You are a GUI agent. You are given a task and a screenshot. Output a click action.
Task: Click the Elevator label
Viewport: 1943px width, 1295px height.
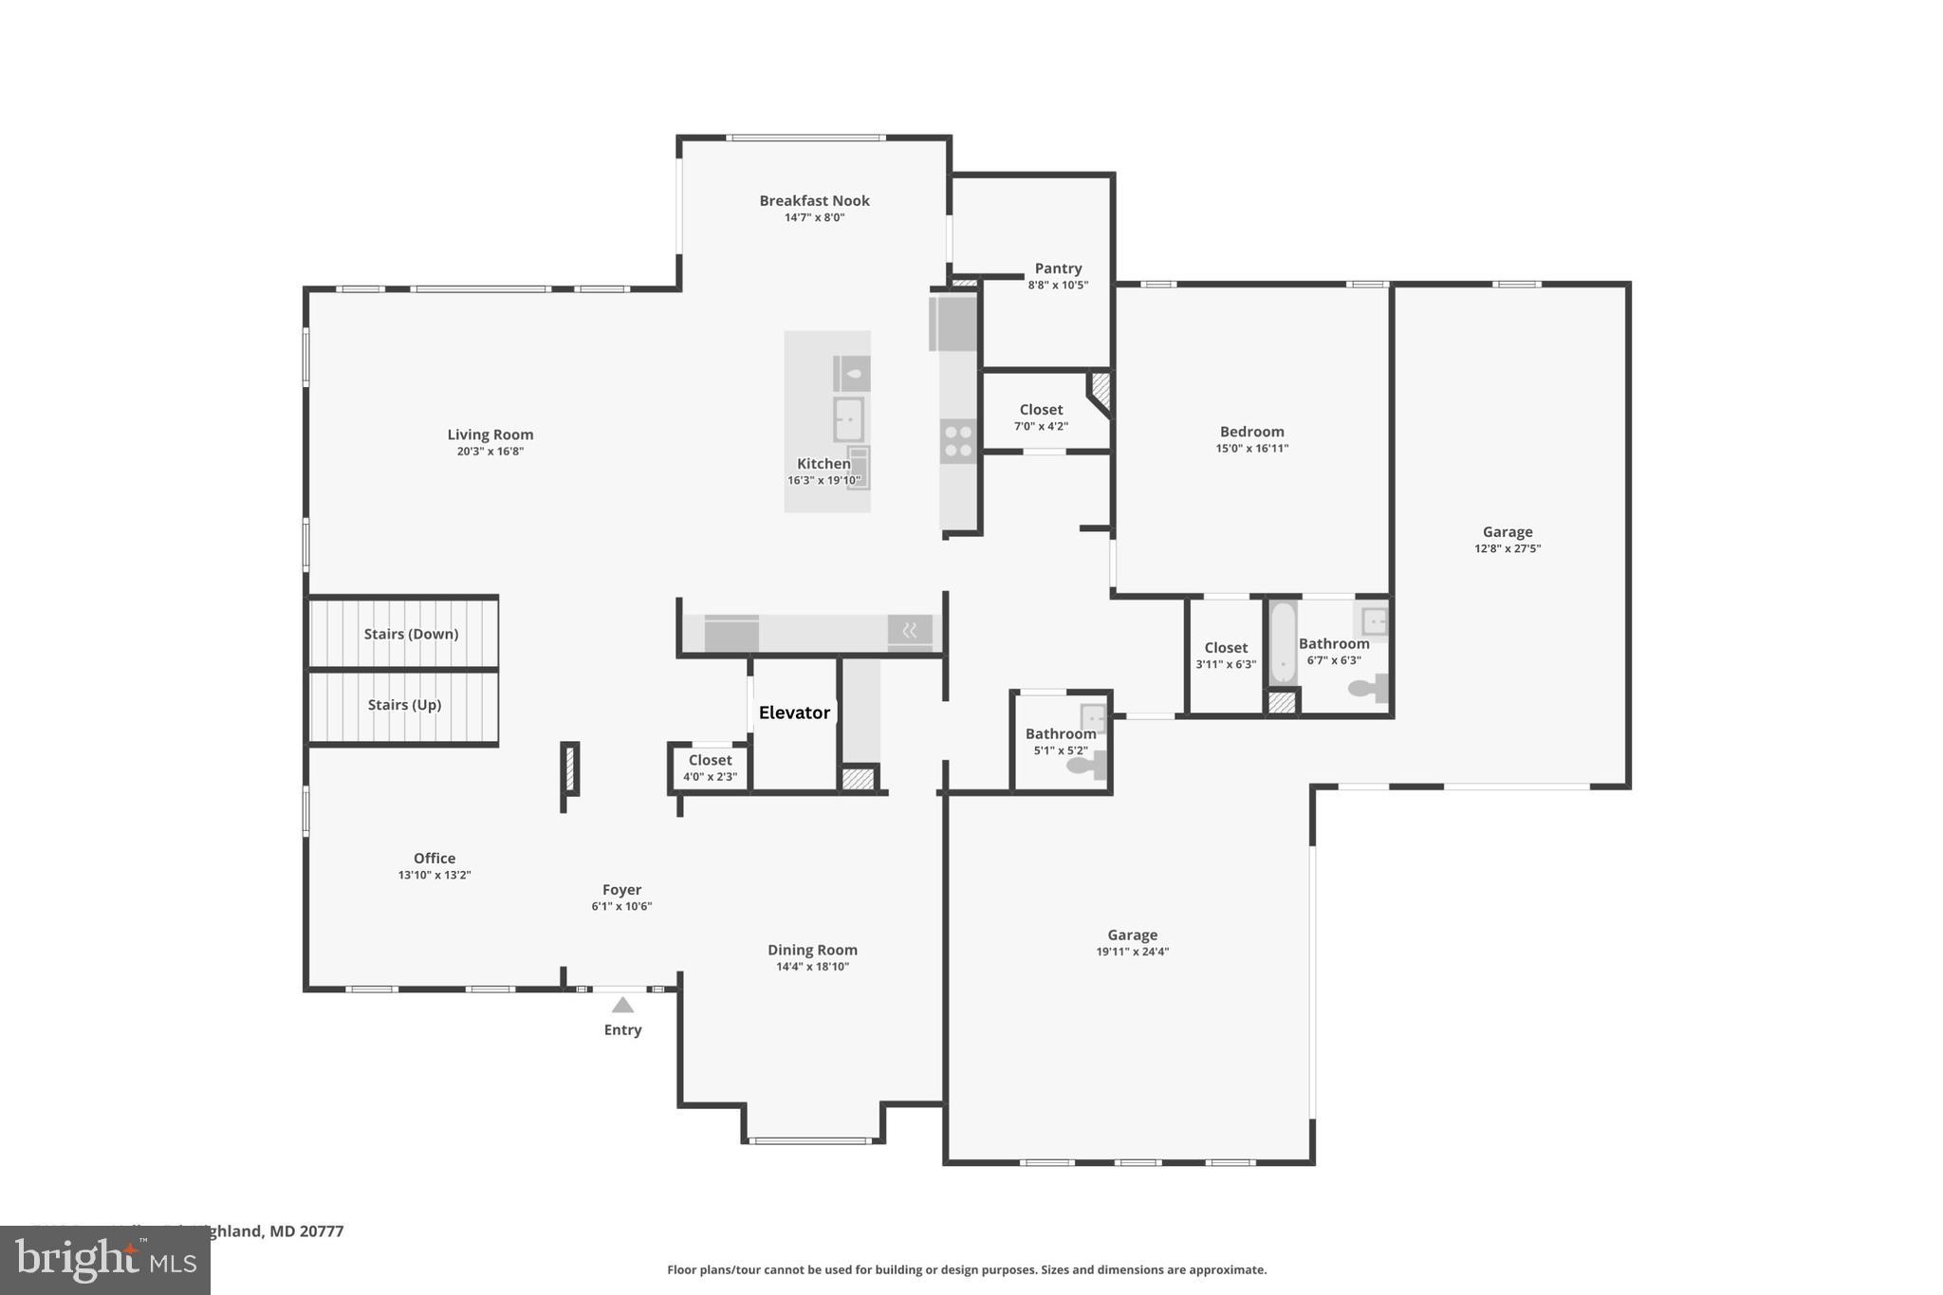coord(794,712)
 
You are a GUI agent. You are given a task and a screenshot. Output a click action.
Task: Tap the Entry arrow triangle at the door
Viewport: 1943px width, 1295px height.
coord(622,1005)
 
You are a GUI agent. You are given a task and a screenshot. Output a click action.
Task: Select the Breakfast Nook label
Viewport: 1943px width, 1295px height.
coord(814,200)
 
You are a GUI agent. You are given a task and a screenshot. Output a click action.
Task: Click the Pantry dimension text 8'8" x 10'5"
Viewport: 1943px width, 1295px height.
coord(1058,285)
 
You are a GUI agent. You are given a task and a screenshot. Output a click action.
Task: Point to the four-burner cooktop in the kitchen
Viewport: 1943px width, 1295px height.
coord(958,441)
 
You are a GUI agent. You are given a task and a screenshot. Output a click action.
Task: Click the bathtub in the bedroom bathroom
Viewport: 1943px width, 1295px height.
coord(1283,642)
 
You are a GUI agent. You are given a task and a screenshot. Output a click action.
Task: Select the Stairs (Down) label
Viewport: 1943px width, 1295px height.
coord(411,634)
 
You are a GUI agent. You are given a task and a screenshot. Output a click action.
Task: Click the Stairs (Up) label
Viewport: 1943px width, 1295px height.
coord(404,705)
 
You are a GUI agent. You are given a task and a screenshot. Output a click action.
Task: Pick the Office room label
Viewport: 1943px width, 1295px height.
coord(435,859)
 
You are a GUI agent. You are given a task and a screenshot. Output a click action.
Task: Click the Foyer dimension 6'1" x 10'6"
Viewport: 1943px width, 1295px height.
coord(621,906)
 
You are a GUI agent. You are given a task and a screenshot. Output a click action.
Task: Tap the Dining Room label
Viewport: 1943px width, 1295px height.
coord(812,950)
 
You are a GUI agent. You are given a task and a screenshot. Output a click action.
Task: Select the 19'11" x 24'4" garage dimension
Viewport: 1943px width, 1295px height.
coord(1132,952)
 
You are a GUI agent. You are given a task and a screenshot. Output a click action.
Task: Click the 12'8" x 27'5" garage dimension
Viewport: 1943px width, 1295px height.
coord(1507,548)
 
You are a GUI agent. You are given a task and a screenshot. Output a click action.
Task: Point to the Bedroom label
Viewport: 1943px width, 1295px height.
coord(1251,432)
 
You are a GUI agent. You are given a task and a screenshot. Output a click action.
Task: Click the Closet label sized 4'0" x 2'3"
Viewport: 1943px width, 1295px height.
coord(710,760)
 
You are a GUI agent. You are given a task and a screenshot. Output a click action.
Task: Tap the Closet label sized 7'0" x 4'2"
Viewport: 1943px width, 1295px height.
coord(1041,410)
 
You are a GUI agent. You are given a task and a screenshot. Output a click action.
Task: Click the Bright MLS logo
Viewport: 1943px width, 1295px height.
coord(104,1261)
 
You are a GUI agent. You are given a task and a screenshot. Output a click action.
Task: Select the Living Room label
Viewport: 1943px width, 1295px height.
coord(490,435)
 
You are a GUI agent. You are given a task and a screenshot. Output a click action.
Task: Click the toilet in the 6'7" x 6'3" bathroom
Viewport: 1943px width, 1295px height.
coord(1366,688)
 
